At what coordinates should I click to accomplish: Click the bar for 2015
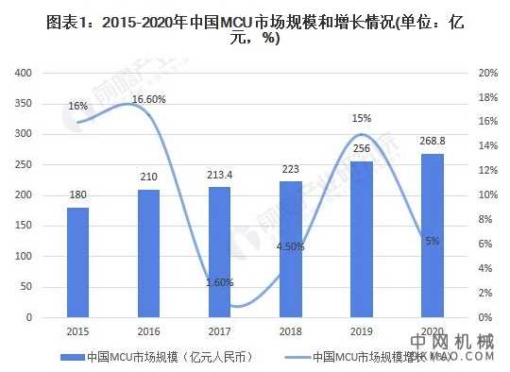tap(79, 262)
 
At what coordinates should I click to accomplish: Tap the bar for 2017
tap(218, 252)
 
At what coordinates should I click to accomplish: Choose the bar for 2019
tap(361, 239)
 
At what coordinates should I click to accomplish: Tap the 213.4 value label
tap(218, 176)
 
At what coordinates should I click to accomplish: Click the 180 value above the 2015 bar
tap(78, 195)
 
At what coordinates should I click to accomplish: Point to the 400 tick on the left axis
tap(25, 74)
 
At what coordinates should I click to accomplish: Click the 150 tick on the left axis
tap(25, 226)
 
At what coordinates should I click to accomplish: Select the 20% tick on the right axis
tap(487, 74)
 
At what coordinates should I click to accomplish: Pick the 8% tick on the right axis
tap(485, 220)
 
